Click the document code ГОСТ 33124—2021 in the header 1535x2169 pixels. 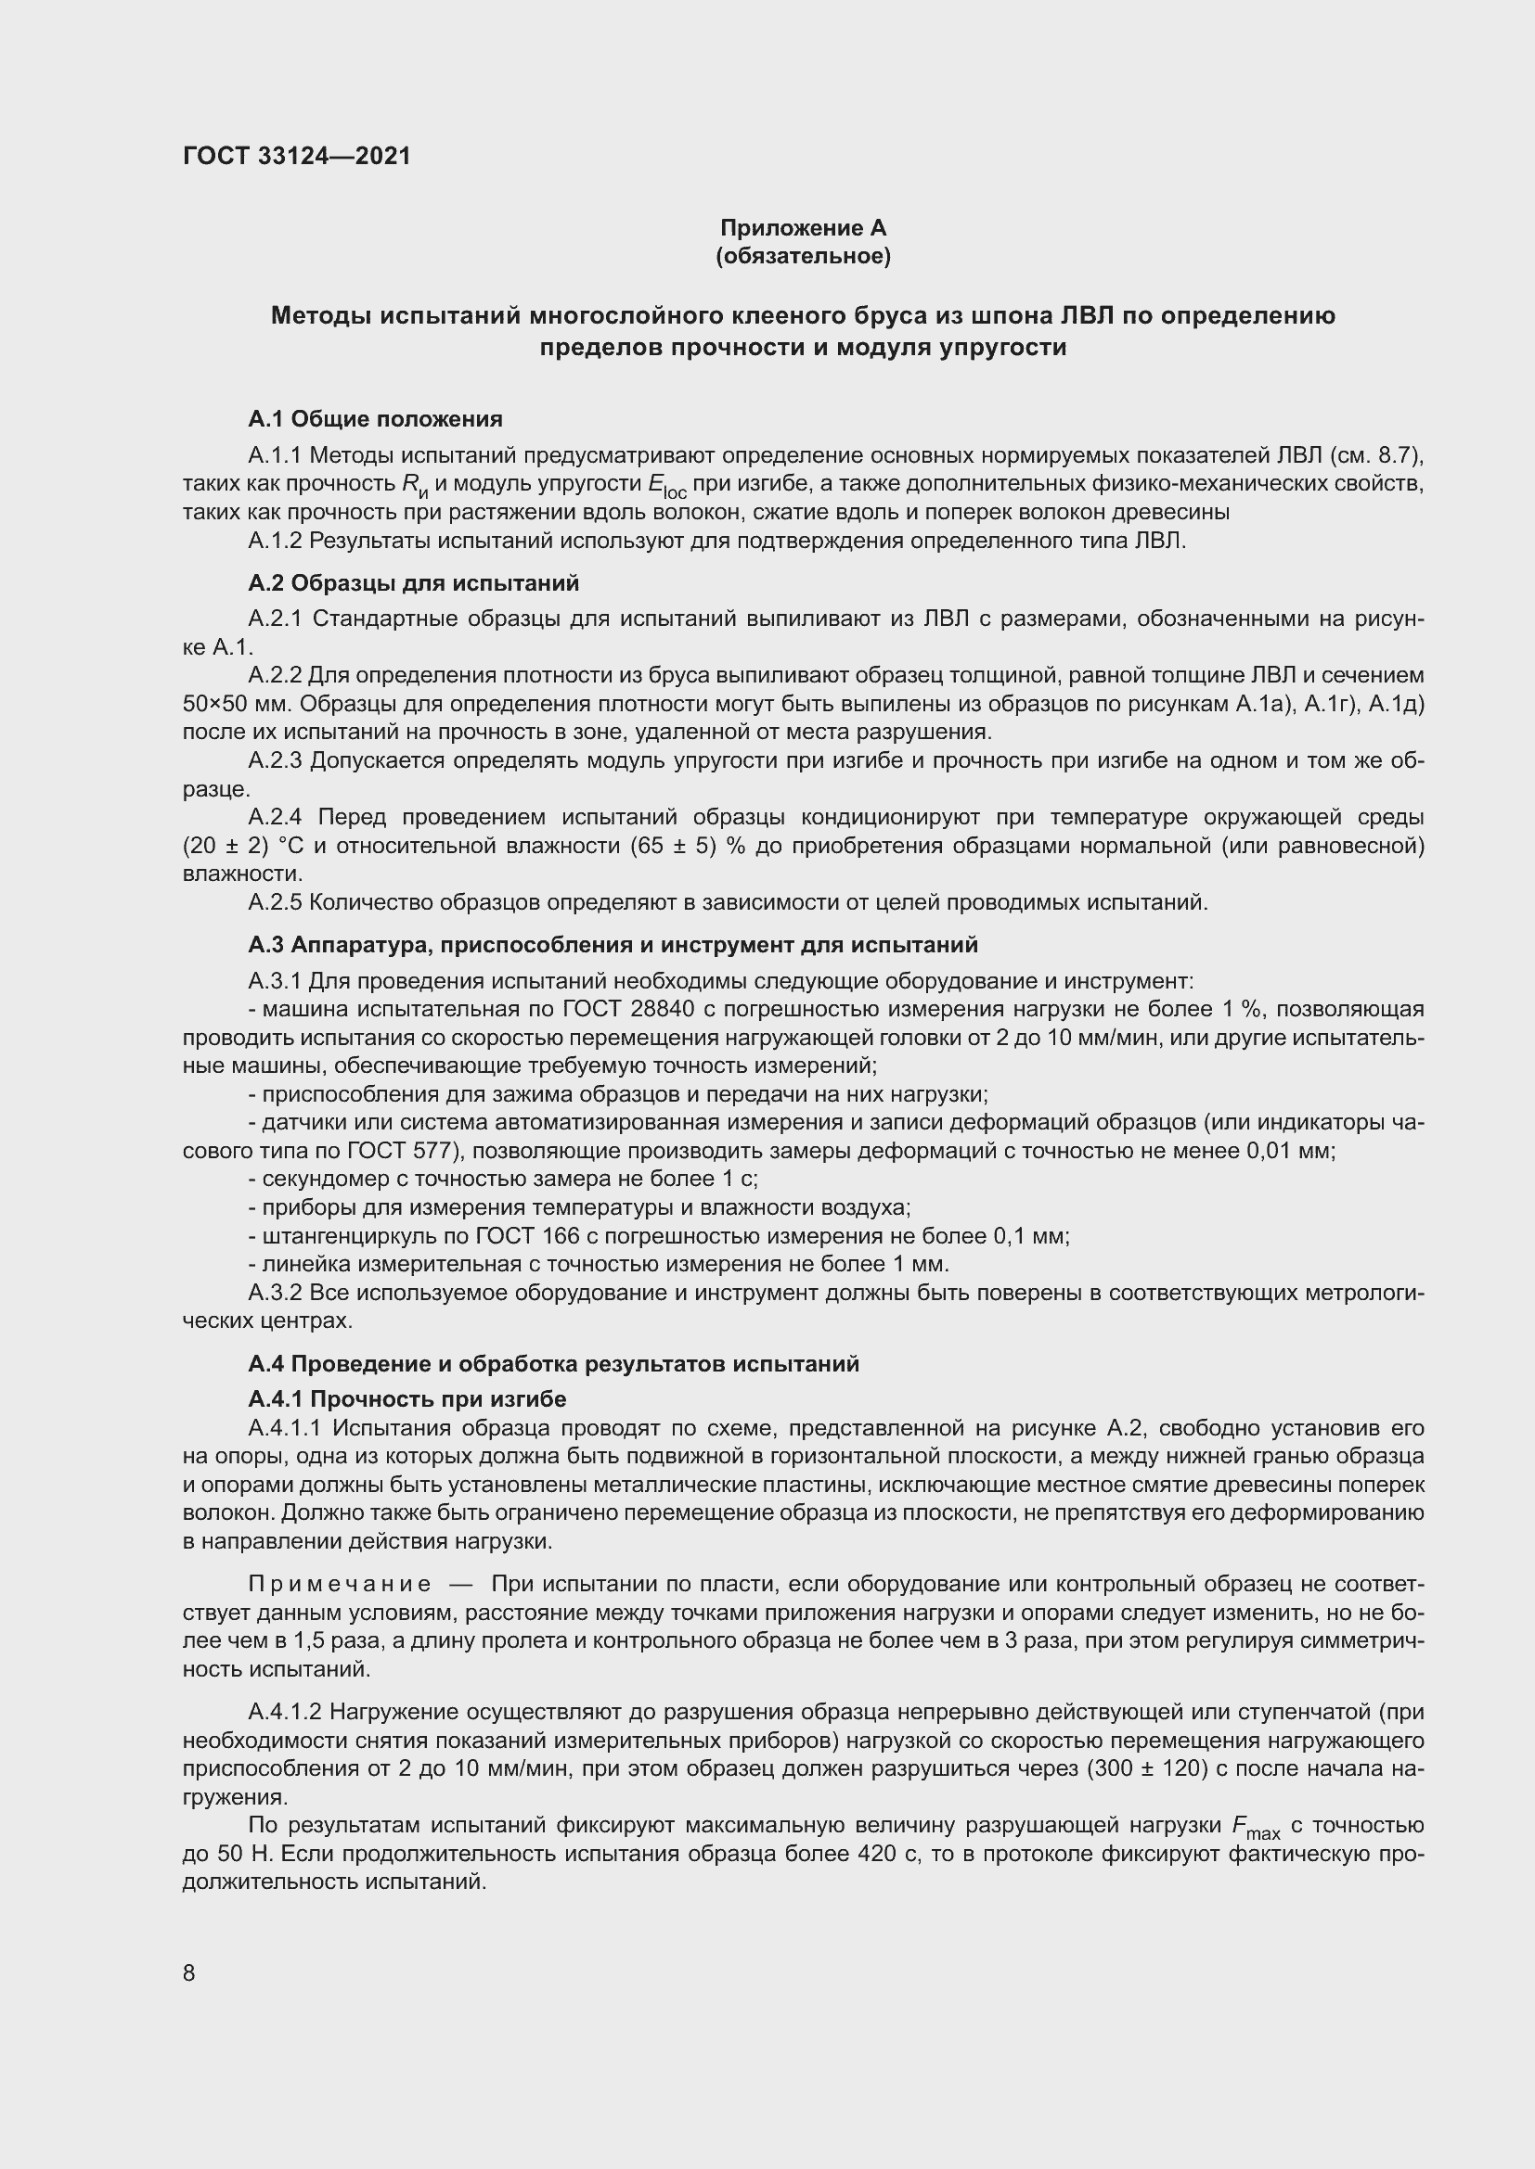coord(297,156)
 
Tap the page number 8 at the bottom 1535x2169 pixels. coord(189,1972)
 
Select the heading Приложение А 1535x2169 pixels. coord(803,228)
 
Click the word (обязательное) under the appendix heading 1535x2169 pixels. coord(803,256)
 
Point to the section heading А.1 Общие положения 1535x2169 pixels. coord(375,418)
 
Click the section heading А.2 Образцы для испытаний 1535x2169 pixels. coord(413,583)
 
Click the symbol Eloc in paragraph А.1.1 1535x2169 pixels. coord(666,486)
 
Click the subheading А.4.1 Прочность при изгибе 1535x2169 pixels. coord(407,1399)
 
